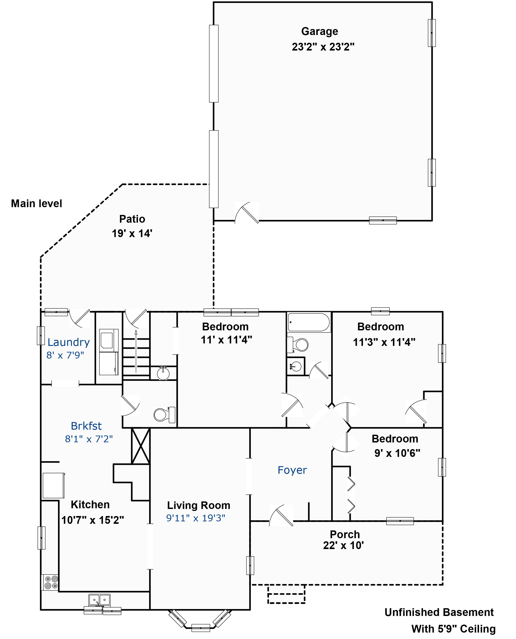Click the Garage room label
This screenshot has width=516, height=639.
(x=320, y=31)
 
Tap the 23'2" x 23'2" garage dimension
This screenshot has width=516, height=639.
(x=323, y=47)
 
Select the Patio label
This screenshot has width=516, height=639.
(x=132, y=219)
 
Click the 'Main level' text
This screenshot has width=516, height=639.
(x=37, y=204)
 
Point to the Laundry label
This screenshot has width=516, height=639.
(x=69, y=343)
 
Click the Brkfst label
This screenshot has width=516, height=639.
(x=86, y=426)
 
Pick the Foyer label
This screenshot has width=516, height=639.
(x=292, y=470)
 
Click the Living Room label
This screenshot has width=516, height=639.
(x=199, y=505)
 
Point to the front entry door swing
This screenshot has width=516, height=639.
(x=281, y=515)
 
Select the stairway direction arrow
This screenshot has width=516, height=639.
(x=136, y=351)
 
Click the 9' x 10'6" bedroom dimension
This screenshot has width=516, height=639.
(x=397, y=453)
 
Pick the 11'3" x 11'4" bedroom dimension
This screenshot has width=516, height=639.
(x=384, y=342)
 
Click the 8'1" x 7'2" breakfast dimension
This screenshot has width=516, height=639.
(x=89, y=439)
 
